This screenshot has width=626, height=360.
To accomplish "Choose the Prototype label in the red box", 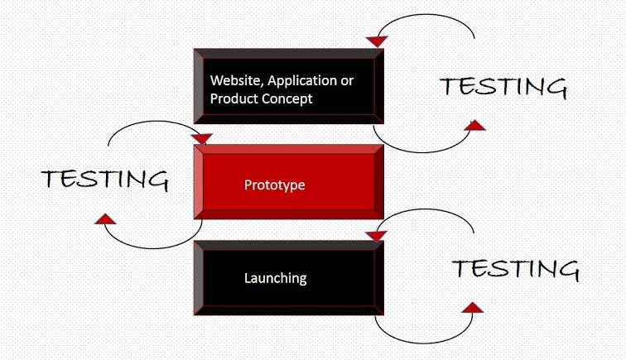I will pyautogui.click(x=274, y=185).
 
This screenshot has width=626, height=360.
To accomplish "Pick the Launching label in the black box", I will pyautogui.click(x=275, y=278).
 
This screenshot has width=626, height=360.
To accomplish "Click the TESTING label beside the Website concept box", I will pyautogui.click(x=503, y=87).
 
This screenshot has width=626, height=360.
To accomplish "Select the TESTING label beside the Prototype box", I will pyautogui.click(x=104, y=179).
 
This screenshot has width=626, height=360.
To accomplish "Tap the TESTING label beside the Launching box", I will pyautogui.click(x=515, y=269).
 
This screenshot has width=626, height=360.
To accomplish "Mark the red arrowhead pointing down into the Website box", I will pyautogui.click(x=377, y=41).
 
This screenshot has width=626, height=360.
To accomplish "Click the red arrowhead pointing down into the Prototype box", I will pyautogui.click(x=202, y=138).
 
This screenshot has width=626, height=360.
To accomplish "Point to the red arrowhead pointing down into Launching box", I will pyautogui.click(x=376, y=236).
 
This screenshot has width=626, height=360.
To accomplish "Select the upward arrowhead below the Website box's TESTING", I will pyautogui.click(x=474, y=125).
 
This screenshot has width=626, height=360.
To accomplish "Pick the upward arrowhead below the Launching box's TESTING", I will pyautogui.click(x=471, y=307).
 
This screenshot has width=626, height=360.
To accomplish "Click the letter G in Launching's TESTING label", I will pyautogui.click(x=565, y=269).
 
